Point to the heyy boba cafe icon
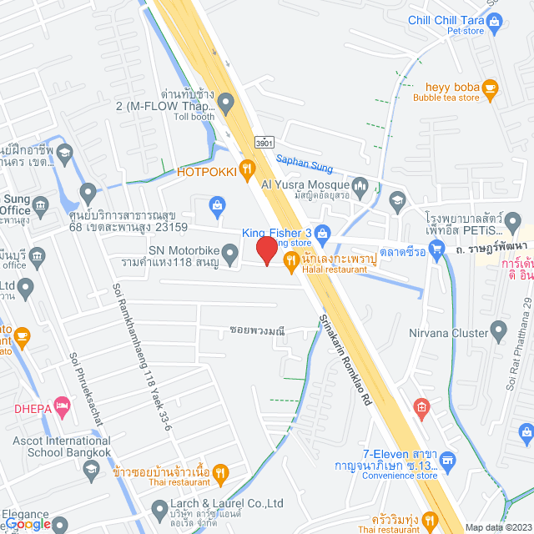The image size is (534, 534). [x=490, y=86]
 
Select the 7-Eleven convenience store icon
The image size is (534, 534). [x=448, y=460]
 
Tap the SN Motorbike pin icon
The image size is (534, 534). [x=233, y=251]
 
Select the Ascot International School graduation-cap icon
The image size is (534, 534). [x=91, y=473]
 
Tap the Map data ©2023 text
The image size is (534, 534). [x=497, y=526]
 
